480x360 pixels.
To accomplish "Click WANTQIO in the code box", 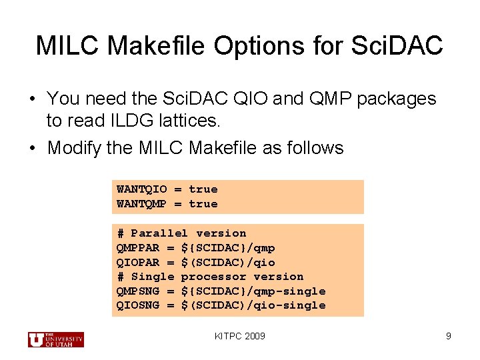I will pos(142,189).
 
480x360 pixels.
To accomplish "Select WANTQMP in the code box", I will pos(142,204).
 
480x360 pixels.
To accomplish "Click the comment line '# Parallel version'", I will pos(181,233).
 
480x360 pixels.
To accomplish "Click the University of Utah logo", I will pos(56,339).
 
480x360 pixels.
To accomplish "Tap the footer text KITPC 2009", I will pos(240,336).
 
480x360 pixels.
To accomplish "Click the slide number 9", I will pos(449,336).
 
